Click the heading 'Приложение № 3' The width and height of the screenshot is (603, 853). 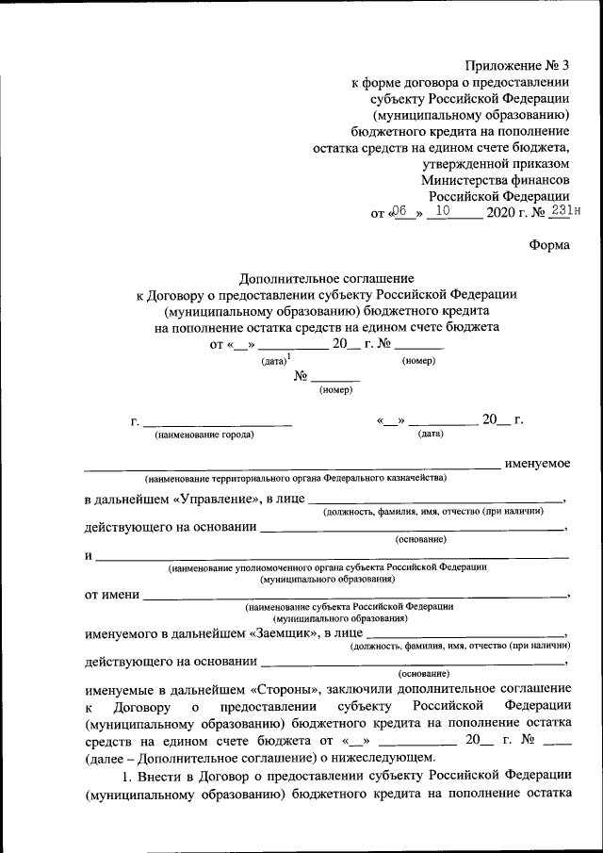[518, 65]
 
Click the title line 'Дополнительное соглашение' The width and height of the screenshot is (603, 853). [326, 278]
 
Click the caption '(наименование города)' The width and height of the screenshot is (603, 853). [204, 435]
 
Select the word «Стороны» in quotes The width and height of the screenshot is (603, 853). [287, 689]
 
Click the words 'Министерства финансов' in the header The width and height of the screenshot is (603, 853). [495, 178]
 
